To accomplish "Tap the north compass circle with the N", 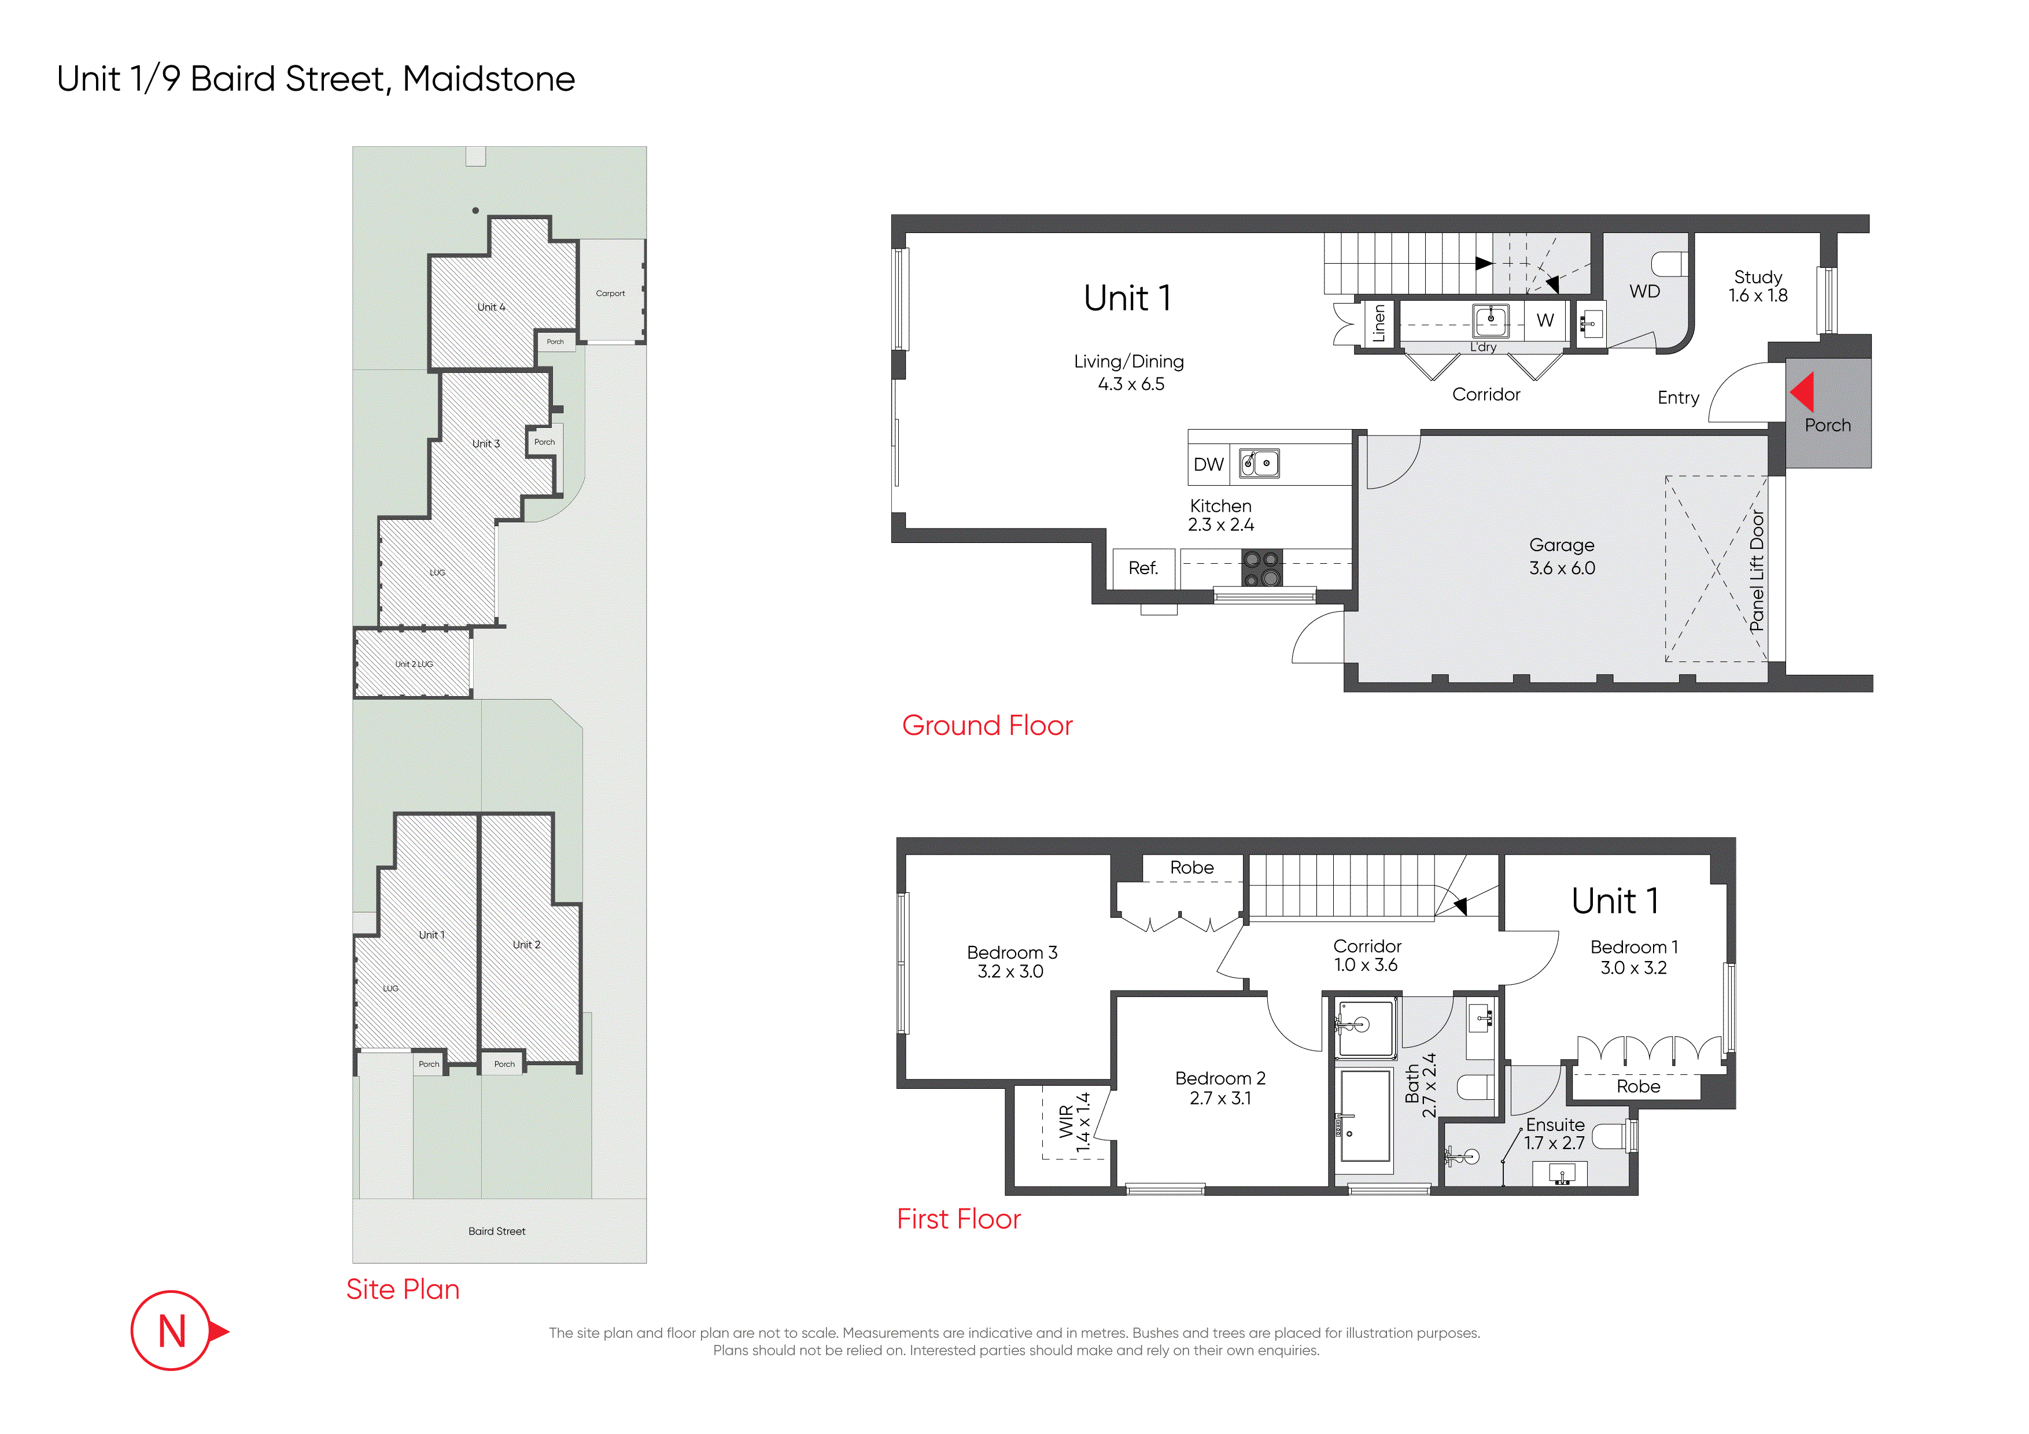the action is click(x=171, y=1330).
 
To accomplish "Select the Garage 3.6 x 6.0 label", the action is click(x=1562, y=557).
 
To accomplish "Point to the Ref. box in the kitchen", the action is click(x=1143, y=568).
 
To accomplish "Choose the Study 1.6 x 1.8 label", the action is click(x=1758, y=286).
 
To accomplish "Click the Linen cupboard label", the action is click(x=1378, y=323).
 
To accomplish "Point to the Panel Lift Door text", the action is click(x=1757, y=571).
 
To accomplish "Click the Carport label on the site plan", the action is click(x=610, y=293).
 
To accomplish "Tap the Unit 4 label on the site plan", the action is click(x=491, y=308).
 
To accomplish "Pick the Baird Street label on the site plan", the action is click(x=497, y=1231).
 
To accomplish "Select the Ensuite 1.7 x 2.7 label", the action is click(x=1555, y=1133).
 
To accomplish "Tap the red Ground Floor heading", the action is click(x=987, y=726).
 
